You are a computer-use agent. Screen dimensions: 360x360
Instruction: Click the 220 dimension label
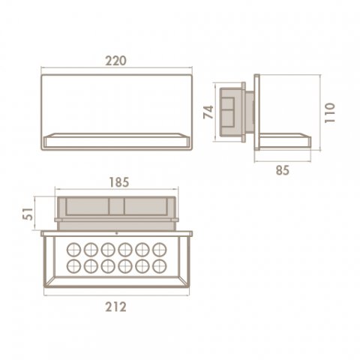[x=115, y=61]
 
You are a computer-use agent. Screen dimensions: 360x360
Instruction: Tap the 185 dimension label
[x=119, y=182]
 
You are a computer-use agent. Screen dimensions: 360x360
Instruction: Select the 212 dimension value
[x=115, y=307]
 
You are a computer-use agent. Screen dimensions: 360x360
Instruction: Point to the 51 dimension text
[x=29, y=214]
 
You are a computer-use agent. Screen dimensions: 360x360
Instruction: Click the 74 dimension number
[x=208, y=112]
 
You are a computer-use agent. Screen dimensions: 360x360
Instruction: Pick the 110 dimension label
[x=329, y=112]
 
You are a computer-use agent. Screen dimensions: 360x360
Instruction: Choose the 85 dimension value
[x=283, y=170]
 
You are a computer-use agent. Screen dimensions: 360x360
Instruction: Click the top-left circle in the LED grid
[x=73, y=250]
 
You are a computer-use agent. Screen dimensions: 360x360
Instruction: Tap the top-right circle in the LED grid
[x=160, y=250]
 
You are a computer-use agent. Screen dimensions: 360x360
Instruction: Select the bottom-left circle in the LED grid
[x=73, y=266]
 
